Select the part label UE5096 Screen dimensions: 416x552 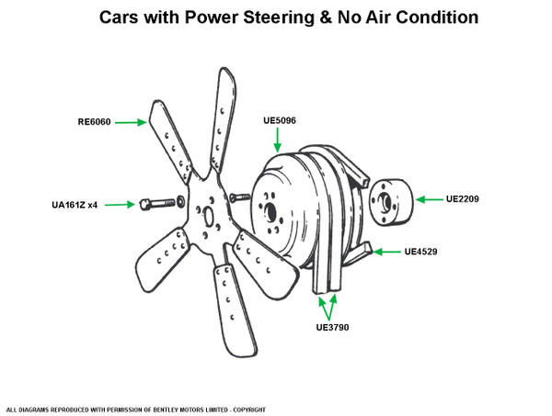(x=279, y=119)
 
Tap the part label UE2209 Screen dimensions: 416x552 (x=463, y=198)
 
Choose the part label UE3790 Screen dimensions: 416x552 (x=334, y=326)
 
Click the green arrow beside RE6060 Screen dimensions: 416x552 (x=132, y=121)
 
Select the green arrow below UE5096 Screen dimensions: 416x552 (x=279, y=140)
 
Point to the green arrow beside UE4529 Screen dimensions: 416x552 (x=389, y=251)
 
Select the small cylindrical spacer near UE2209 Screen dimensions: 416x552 (x=387, y=200)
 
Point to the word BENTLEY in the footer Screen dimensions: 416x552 (x=170, y=409)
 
